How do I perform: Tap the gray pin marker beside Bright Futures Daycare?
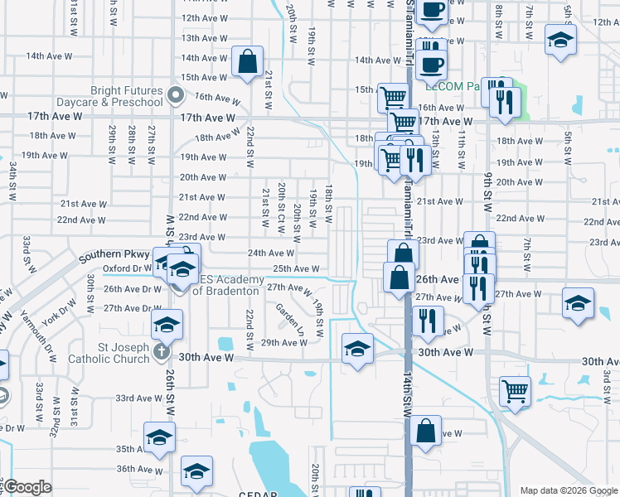pos(175,95)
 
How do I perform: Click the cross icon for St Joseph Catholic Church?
pos(162,352)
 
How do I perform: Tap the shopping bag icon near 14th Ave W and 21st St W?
pos(247,62)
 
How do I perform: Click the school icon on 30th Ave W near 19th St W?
pos(356,348)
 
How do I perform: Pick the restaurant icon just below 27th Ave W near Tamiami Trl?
pos(427,321)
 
